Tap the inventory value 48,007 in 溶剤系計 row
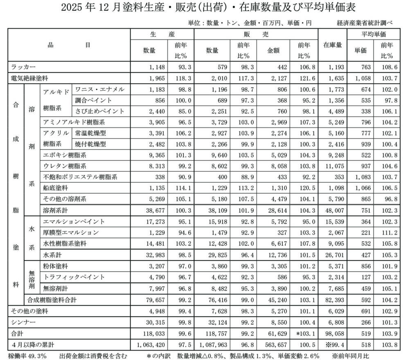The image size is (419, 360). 333,211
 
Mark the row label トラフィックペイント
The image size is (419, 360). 72,277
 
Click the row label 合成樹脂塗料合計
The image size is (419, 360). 51,299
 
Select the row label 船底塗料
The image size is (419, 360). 56,188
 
